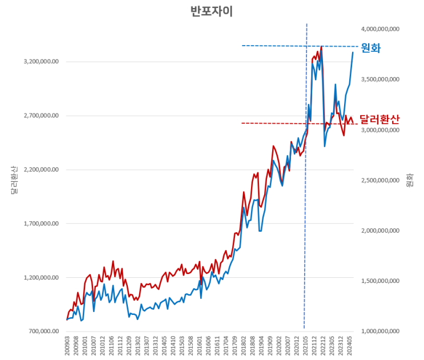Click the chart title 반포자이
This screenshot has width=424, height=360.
click(212, 12)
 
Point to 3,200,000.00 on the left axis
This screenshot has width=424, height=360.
click(39, 62)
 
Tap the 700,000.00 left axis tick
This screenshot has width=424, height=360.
click(41, 331)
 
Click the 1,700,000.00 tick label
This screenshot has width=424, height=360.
click(39, 224)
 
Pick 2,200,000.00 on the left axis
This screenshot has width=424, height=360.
click(39, 169)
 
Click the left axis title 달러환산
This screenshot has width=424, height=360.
click(14, 180)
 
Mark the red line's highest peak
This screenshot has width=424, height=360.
click(322, 46)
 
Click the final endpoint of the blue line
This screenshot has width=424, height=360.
click(353, 52)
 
